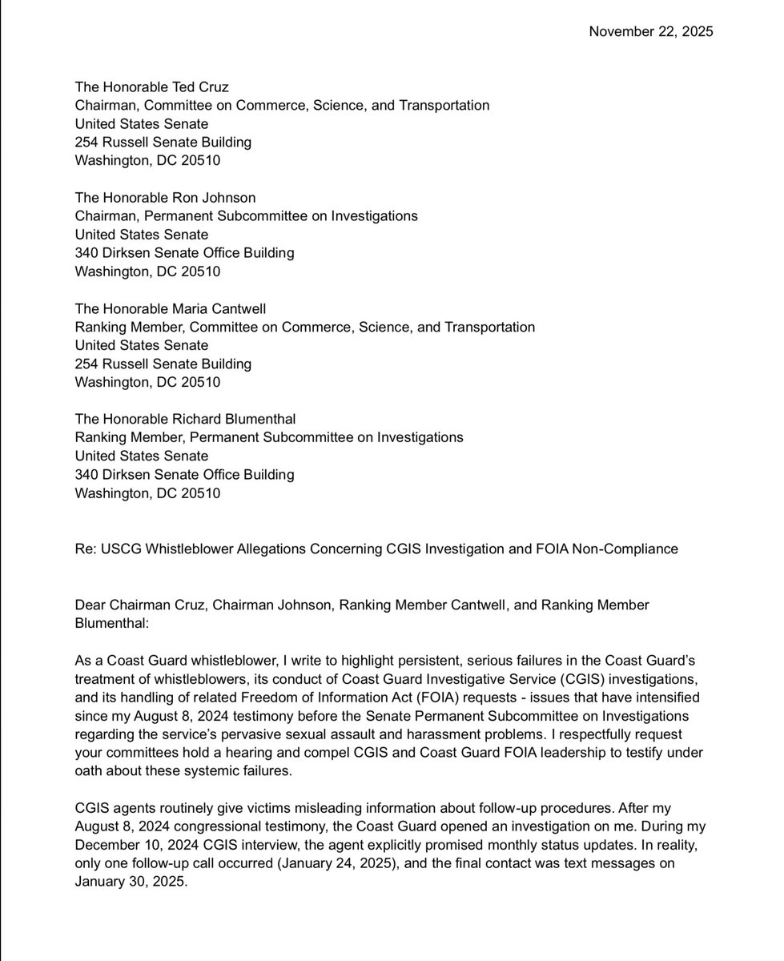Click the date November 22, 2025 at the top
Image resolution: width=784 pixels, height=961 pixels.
[x=651, y=31]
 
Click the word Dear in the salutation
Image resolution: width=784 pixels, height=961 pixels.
[x=90, y=605]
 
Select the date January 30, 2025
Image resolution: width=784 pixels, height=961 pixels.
[x=127, y=882]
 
